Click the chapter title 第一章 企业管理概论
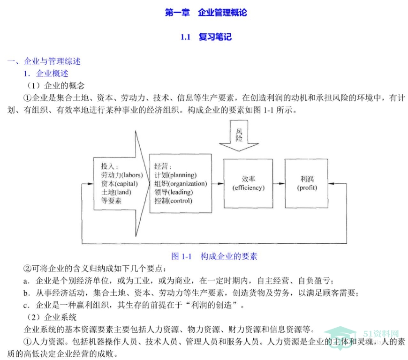coord(206,13)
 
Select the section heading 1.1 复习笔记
coord(206,37)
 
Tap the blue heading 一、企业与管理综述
coord(44,61)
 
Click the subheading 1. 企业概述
coord(46,74)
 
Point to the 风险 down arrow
coord(239,135)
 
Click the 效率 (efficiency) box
coord(248,183)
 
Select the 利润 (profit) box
coord(307,183)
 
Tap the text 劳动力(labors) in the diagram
coord(122,175)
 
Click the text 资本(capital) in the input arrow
coord(119,184)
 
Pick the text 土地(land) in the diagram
coord(116,192)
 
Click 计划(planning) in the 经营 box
coord(175,175)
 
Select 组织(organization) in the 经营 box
coord(181,184)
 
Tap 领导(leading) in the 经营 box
coord(174,192)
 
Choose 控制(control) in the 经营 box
coord(174,201)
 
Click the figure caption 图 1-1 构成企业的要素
coord(214,256)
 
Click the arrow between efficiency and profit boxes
coord(279,184)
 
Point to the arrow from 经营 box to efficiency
coord(218,184)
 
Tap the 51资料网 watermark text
coord(381,334)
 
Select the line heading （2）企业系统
coord(52,317)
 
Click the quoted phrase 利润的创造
coord(212,305)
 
